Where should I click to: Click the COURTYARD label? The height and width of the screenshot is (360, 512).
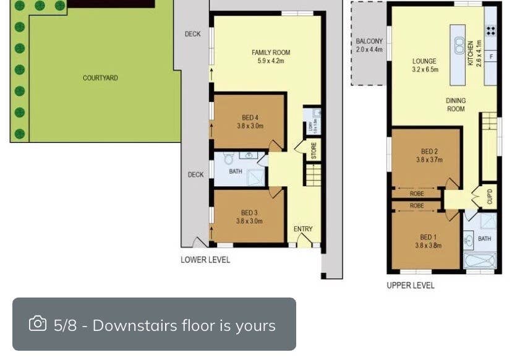point(100,78)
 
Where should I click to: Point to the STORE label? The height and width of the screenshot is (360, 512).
point(314,150)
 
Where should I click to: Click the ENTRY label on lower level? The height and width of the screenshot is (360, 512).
point(303,229)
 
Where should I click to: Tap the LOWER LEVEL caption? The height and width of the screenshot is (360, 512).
point(205,260)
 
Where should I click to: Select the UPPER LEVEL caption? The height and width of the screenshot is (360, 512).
point(411,285)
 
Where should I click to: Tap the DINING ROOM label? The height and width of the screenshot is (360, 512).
point(456,105)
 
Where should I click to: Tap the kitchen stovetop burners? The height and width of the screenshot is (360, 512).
point(490,30)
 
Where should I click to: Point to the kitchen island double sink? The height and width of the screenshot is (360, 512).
point(459,45)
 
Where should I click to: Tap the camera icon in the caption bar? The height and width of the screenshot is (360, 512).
point(38,324)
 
